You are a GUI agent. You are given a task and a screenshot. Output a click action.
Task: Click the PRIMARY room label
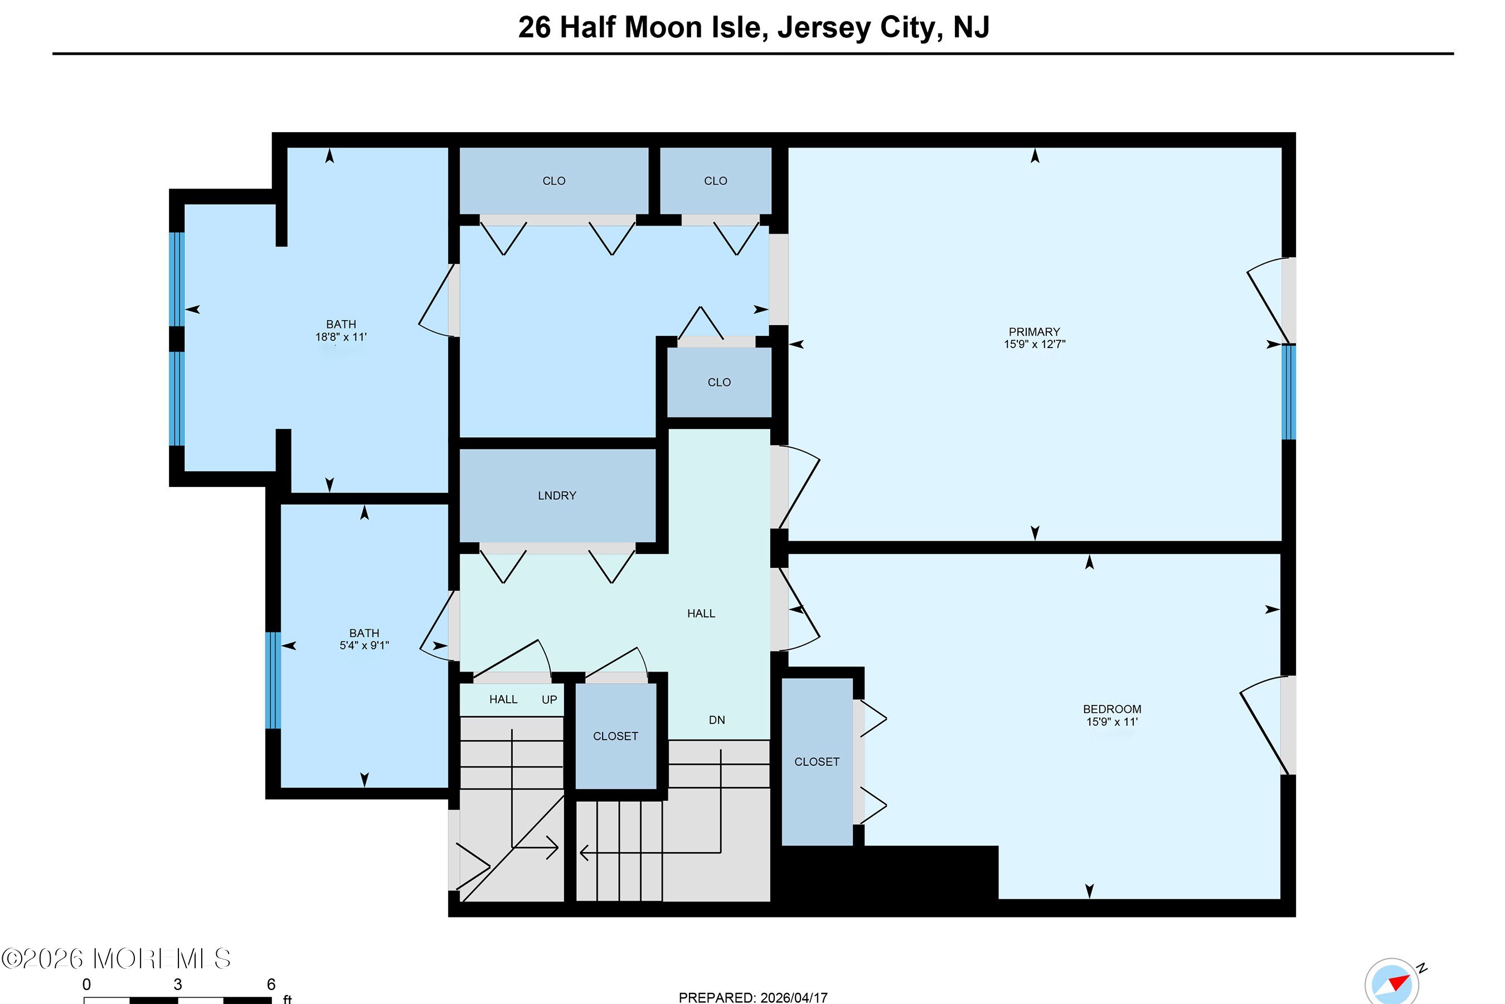(1034, 332)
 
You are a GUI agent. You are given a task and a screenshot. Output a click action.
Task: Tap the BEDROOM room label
(1111, 709)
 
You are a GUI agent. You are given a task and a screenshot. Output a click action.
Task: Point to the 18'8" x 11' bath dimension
(341, 337)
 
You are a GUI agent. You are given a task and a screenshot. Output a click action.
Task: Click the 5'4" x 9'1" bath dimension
(364, 645)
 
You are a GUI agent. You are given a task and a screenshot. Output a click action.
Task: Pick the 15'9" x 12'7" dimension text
(1034, 344)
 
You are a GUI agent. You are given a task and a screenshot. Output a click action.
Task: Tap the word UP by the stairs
(549, 700)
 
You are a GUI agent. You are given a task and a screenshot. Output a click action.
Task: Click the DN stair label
(717, 720)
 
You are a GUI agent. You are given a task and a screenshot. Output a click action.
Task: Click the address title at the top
(753, 27)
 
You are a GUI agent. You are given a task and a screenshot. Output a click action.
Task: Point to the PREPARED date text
(753, 997)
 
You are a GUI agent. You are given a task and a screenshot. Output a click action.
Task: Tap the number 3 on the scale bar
(178, 984)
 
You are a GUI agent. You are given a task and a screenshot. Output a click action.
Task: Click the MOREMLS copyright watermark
(116, 958)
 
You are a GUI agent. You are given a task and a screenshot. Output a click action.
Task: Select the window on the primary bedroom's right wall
(1289, 392)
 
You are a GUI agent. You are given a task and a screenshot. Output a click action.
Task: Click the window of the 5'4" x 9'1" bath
(273, 680)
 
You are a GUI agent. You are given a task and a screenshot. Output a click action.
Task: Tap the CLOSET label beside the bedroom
(817, 761)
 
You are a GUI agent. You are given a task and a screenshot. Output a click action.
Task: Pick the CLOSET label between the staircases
(615, 736)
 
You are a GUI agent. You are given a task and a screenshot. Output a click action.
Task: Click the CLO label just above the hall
(718, 382)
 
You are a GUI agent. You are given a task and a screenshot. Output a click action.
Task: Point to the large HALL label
(701, 614)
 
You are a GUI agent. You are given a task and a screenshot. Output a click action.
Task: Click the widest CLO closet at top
(554, 181)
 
